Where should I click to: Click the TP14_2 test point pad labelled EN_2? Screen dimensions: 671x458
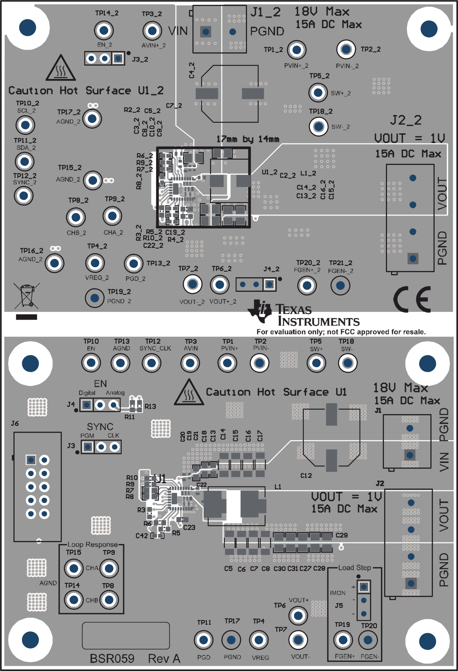click(104, 30)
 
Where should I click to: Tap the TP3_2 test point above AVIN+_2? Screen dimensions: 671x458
click(152, 31)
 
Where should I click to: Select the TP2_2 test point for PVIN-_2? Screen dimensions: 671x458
click(346, 49)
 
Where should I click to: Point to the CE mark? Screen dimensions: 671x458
click(412, 299)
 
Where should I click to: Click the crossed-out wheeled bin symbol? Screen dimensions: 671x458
click(27, 296)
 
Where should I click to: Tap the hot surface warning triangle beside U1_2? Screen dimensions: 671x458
click(61, 68)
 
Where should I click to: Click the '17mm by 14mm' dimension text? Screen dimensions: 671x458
click(248, 139)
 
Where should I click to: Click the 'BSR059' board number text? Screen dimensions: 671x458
click(112, 659)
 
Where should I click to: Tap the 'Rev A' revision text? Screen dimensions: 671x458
click(164, 659)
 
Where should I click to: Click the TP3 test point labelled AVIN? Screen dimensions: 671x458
click(190, 363)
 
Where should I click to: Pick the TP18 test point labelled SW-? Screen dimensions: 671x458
click(348, 363)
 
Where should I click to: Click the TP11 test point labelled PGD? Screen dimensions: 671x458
click(203, 640)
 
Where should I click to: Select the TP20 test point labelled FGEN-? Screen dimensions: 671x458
click(368, 640)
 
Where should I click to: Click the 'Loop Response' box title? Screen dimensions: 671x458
click(92, 544)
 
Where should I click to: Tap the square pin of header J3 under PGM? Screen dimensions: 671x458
click(88, 447)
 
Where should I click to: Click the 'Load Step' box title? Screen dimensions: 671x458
click(355, 568)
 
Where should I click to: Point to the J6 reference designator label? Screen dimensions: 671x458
click(15, 423)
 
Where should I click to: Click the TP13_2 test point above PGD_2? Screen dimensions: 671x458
click(133, 264)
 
